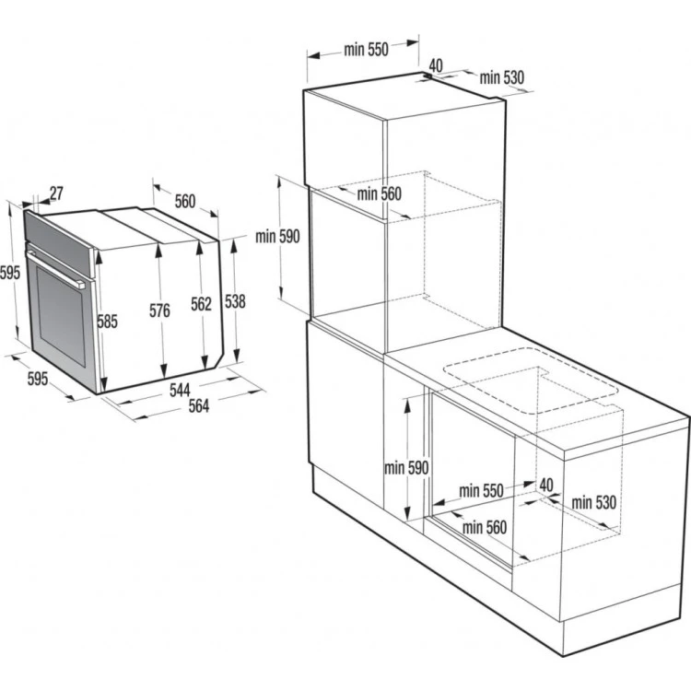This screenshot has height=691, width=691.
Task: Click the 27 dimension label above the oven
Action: pos(56,193)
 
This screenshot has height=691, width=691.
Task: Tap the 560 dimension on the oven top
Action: pos(185,201)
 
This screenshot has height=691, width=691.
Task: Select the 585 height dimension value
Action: pos(109,322)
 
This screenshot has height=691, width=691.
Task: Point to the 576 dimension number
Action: pos(159,311)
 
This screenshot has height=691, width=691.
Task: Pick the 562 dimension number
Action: pos(201,304)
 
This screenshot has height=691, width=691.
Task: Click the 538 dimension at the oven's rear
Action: pos(236,300)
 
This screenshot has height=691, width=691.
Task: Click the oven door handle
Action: pos(58,267)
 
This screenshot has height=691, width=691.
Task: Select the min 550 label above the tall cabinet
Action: pos(366,51)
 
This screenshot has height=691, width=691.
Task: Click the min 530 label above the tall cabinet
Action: pos(501,78)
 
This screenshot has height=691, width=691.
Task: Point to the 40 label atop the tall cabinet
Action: pos(436,65)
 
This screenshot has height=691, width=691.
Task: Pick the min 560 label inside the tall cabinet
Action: pos(380,193)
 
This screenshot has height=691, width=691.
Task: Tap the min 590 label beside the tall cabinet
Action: pos(278,237)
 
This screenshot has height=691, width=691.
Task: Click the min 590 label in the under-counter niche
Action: pos(407,468)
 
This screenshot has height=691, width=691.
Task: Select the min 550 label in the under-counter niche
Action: pos(481,491)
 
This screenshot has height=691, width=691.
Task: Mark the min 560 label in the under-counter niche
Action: pos(486,527)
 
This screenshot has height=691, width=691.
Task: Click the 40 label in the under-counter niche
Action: pos(545,484)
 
